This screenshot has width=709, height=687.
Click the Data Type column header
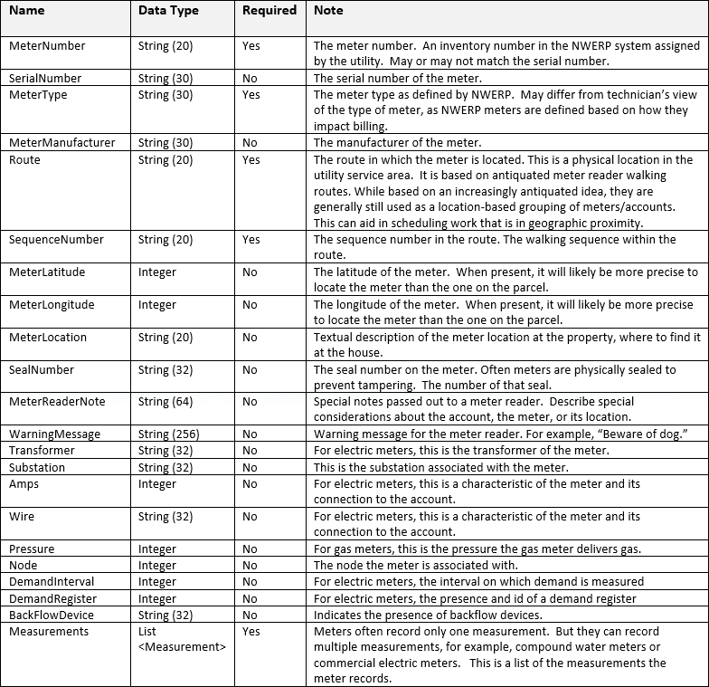168,12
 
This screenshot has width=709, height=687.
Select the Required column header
269,11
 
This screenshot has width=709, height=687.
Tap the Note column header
328,12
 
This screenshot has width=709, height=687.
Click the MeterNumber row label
47,46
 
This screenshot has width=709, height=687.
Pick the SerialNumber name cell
45,79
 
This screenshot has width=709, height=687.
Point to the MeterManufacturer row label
61,143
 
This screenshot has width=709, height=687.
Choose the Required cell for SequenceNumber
251,240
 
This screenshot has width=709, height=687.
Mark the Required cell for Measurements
251,632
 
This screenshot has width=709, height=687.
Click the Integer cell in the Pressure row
157,549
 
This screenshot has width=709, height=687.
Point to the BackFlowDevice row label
52,615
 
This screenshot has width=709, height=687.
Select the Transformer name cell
42,451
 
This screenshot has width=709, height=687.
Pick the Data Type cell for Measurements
179,639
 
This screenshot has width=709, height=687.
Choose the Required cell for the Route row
251,160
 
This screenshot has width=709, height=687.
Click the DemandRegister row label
52,599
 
